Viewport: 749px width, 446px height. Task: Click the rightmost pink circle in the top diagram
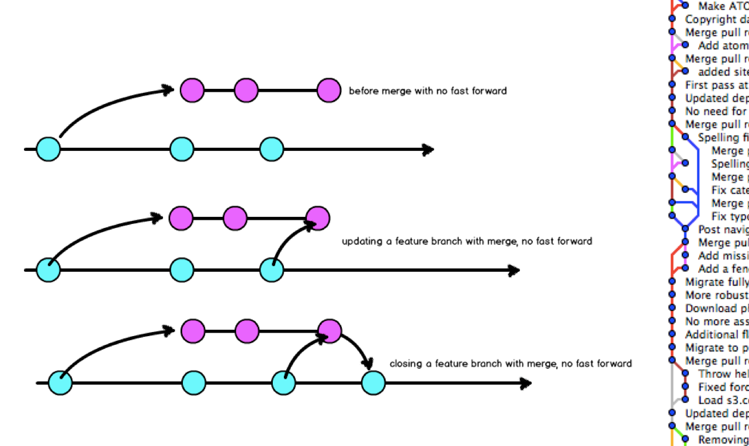(329, 91)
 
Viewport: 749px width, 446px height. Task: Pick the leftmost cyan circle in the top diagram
(48, 149)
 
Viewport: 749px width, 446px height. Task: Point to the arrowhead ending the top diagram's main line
(428, 150)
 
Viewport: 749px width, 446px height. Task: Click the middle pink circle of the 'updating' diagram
(235, 218)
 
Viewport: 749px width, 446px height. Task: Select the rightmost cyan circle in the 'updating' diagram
(272, 270)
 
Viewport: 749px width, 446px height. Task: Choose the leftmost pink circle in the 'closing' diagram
(193, 331)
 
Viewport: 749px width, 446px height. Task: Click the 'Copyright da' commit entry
(716, 19)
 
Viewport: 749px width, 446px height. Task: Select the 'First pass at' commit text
(716, 85)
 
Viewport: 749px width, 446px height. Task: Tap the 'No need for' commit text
(716, 111)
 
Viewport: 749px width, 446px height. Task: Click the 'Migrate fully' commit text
(716, 282)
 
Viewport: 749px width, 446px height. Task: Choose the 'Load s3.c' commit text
(723, 400)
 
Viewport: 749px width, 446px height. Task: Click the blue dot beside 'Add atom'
(685, 45)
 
